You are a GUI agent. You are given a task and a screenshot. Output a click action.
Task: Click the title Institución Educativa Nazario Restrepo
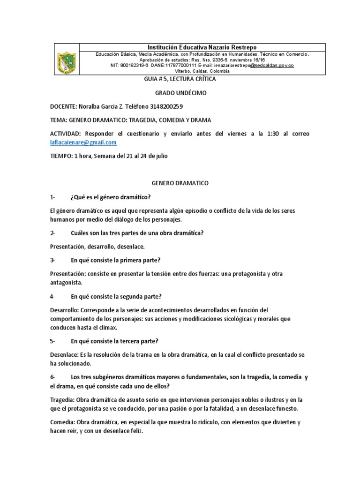tap(202, 47)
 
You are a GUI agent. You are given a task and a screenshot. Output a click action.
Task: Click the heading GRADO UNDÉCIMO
tap(180, 93)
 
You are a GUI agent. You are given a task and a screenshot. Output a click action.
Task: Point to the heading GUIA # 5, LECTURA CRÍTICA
tap(180, 79)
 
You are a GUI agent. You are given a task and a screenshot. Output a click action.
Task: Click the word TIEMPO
tap(60, 156)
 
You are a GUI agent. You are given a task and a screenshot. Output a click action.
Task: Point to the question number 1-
tap(52, 196)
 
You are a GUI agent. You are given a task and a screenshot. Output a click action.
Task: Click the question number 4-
tap(52, 296)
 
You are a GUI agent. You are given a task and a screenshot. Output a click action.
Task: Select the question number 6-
tap(52, 377)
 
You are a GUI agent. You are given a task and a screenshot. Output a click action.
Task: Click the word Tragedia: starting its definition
tap(62, 399)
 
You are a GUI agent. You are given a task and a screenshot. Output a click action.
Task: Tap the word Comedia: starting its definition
tap(62, 422)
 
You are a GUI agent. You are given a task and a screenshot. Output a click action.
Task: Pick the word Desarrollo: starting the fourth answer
tap(65, 310)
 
